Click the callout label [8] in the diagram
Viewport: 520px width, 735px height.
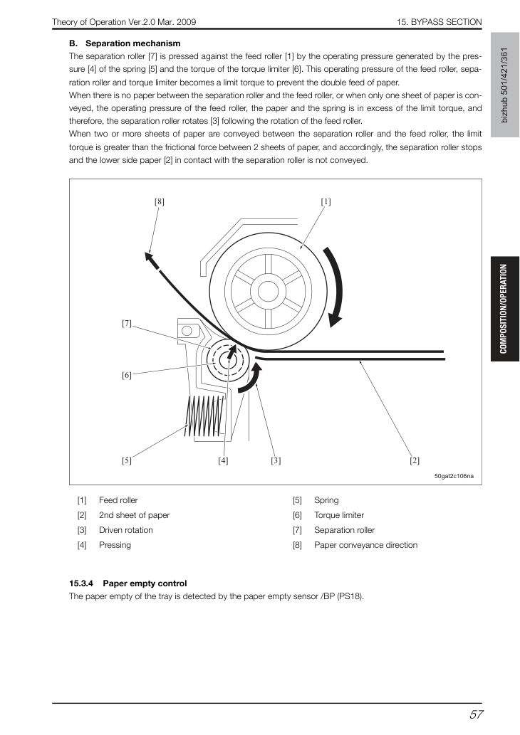pyautogui.click(x=160, y=201)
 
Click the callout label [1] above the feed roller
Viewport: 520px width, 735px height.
pyautogui.click(x=326, y=201)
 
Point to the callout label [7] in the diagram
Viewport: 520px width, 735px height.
pyautogui.click(x=127, y=324)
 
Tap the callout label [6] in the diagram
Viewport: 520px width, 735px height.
pyautogui.click(x=127, y=375)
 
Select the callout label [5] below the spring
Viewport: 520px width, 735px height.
pyautogui.click(x=127, y=460)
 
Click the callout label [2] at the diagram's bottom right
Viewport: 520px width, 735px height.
pyautogui.click(x=415, y=460)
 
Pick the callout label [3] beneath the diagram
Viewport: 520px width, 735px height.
pyautogui.click(x=276, y=460)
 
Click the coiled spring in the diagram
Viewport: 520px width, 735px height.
pyautogui.click(x=206, y=416)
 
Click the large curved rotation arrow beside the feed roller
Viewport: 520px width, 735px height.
pyautogui.click(x=339, y=286)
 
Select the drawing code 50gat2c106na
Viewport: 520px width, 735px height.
pyautogui.click(x=454, y=476)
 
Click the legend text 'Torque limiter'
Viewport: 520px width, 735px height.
pyautogui.click(x=339, y=515)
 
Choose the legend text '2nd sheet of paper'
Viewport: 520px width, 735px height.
pyautogui.click(x=134, y=515)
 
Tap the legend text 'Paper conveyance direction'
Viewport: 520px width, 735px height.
pyautogui.click(x=365, y=545)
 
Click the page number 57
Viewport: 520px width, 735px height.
pyautogui.click(x=476, y=715)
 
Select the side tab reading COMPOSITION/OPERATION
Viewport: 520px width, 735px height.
pyautogui.click(x=504, y=309)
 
